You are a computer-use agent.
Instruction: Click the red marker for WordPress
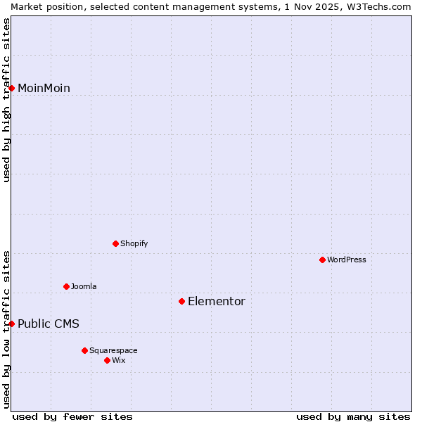click(322, 260)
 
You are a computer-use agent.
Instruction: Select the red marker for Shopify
click(115, 243)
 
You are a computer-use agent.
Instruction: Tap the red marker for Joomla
click(66, 286)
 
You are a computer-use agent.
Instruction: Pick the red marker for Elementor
click(181, 301)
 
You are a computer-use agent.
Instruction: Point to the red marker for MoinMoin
click(11, 88)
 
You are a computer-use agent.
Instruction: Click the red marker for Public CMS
click(11, 324)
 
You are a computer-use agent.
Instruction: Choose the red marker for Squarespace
click(84, 350)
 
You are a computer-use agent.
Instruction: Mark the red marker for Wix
click(107, 360)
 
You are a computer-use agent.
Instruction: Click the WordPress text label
click(347, 260)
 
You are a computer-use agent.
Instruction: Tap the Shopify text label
click(134, 243)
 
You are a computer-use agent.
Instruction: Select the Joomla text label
click(84, 286)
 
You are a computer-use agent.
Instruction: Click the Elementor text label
click(217, 301)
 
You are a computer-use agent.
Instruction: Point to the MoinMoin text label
click(44, 88)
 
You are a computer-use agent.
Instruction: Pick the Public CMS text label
click(49, 324)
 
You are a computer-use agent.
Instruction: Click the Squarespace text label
click(113, 350)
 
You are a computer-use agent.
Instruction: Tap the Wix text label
click(119, 360)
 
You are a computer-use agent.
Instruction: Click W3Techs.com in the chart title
click(378, 6)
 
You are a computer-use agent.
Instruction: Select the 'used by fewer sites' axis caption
click(72, 416)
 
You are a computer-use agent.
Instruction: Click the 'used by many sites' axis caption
click(353, 416)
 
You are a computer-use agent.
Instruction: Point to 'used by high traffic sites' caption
click(6, 100)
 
